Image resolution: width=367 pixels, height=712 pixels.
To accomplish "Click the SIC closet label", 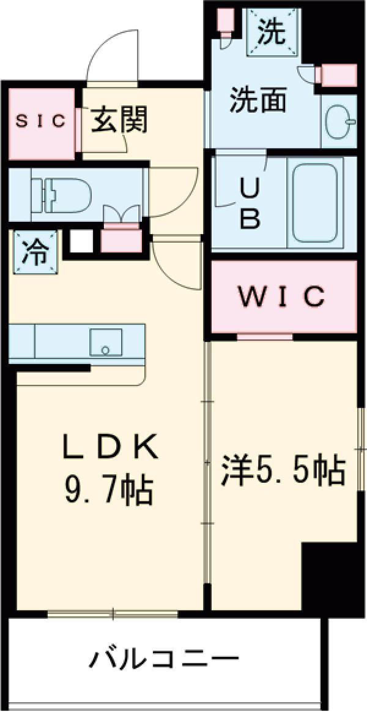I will point(40,121).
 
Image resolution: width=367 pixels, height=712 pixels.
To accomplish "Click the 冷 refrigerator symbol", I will point(34,252).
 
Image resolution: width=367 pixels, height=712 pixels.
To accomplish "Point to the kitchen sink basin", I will point(106,341).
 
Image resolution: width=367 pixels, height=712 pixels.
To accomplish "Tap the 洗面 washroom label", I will point(258,100).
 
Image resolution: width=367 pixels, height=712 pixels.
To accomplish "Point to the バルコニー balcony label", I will point(165,661).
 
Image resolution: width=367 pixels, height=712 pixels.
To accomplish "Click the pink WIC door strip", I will point(264,336).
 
